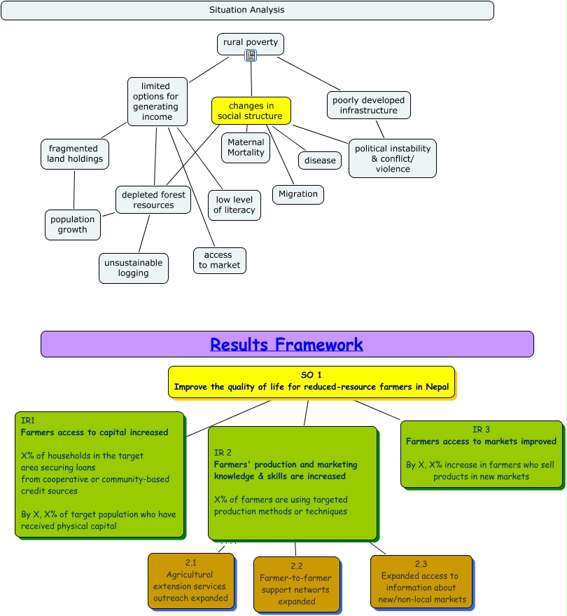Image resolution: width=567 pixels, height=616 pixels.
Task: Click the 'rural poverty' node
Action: (x=250, y=43)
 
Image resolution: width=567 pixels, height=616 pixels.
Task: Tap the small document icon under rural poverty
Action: (x=251, y=55)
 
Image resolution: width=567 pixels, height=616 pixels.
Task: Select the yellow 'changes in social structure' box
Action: (x=251, y=111)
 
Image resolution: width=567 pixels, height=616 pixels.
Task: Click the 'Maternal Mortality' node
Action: (x=246, y=147)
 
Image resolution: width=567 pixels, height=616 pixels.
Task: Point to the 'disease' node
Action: (x=320, y=160)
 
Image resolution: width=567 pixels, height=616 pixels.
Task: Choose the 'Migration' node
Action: (x=297, y=194)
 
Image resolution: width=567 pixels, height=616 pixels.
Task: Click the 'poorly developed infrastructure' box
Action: (x=368, y=105)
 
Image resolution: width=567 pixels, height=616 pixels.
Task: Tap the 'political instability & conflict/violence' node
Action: (x=392, y=158)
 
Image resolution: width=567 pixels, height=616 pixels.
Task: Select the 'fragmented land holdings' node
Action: (x=74, y=153)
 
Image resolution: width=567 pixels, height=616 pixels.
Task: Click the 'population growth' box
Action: (x=72, y=224)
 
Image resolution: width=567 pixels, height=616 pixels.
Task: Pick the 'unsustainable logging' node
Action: (x=133, y=268)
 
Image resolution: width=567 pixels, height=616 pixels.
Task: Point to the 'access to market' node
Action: (x=219, y=260)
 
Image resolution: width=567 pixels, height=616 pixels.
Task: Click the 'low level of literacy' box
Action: (x=234, y=205)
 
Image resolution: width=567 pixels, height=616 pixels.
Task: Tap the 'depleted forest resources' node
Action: (x=153, y=200)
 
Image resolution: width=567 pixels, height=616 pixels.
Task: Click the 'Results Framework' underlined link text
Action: (x=286, y=345)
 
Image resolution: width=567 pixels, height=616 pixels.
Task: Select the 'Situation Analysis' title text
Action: (x=246, y=10)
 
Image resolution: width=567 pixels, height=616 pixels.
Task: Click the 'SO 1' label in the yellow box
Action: (x=311, y=375)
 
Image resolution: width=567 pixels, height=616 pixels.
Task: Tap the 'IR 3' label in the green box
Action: (x=481, y=430)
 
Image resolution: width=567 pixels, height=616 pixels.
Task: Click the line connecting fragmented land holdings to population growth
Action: (x=73, y=190)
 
